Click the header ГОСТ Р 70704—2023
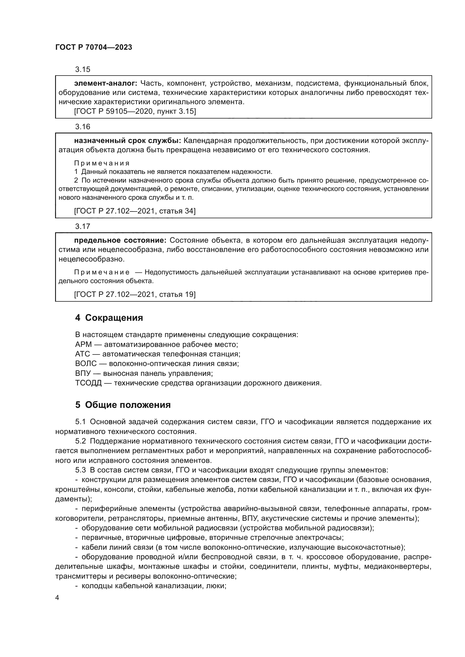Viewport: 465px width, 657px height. click(x=94, y=47)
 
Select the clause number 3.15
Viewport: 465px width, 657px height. click(x=82, y=70)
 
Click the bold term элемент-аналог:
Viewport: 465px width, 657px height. click(x=106, y=83)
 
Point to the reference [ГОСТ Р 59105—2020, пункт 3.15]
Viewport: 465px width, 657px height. click(x=135, y=112)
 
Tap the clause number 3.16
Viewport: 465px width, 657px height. click(x=82, y=127)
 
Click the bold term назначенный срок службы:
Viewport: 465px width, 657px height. click(x=127, y=141)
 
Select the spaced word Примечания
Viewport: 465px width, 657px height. click(x=102, y=163)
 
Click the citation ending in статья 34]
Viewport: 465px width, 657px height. click(x=135, y=211)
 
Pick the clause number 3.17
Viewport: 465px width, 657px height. click(x=82, y=227)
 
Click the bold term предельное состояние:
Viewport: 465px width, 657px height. click(x=120, y=240)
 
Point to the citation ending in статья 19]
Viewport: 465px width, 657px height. click(x=135, y=294)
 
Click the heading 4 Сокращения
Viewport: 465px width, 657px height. click(x=109, y=318)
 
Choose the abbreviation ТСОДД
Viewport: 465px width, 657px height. click(x=88, y=383)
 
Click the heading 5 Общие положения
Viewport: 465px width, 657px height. click(x=123, y=405)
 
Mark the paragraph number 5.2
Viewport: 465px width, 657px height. click(x=80, y=441)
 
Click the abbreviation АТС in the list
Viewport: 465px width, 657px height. click(x=82, y=354)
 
